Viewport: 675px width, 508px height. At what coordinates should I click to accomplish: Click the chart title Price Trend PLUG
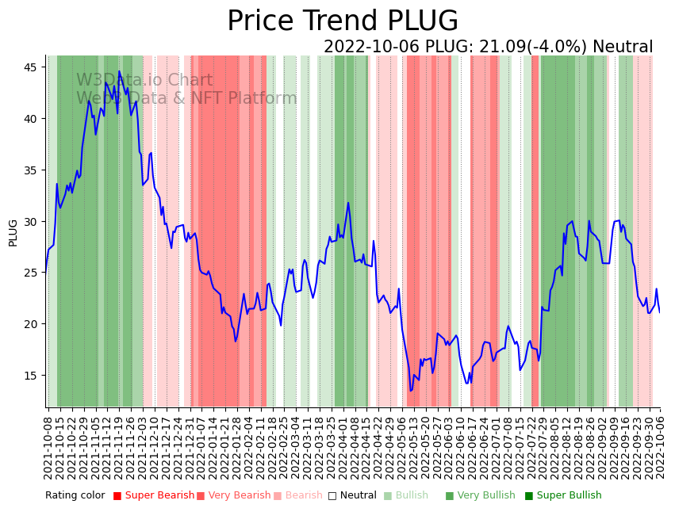(x=343, y=21)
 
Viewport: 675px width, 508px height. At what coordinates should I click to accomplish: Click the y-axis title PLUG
(x=13, y=233)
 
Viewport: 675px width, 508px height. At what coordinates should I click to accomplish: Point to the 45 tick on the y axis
(x=29, y=67)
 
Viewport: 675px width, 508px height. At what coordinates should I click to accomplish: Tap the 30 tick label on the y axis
(x=29, y=221)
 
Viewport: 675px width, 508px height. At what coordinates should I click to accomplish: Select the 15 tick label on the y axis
(x=29, y=375)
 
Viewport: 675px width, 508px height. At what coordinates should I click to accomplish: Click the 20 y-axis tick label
(x=29, y=323)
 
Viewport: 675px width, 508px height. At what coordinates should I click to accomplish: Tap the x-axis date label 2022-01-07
(x=201, y=444)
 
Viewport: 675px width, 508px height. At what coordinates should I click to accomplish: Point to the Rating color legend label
(x=75, y=495)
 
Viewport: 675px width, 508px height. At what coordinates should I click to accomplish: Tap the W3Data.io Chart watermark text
(x=144, y=80)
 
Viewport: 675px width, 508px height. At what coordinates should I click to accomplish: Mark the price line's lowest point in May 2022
(x=411, y=390)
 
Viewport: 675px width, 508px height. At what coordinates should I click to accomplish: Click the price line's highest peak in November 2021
(x=120, y=71)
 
